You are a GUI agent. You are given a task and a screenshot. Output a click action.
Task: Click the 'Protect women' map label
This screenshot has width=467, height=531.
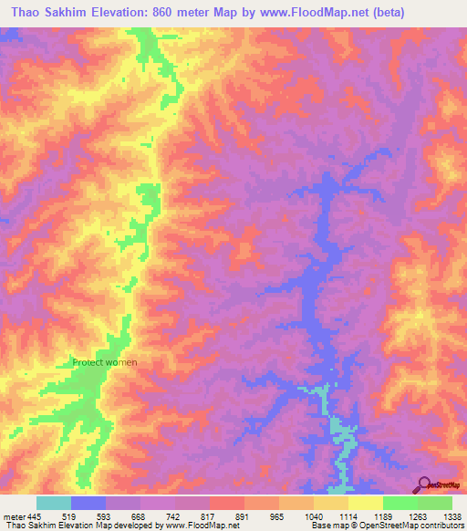[105, 362]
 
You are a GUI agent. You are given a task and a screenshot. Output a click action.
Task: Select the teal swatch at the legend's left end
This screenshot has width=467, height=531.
[54, 503]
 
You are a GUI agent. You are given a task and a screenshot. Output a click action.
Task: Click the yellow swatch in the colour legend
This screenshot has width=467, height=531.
[365, 503]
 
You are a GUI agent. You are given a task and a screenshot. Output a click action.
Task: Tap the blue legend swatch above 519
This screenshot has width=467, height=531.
[88, 503]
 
